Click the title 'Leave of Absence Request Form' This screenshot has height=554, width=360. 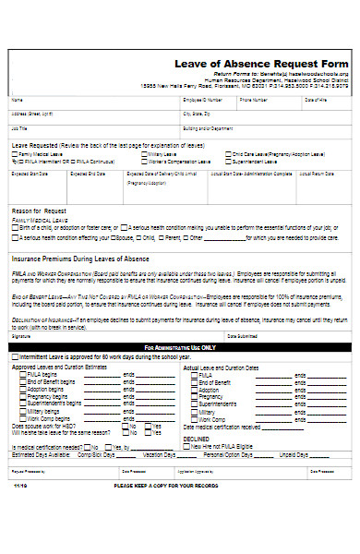[261, 63]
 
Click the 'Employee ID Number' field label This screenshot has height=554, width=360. [202, 99]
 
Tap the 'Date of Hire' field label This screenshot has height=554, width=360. [317, 99]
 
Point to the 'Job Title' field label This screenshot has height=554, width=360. [19, 128]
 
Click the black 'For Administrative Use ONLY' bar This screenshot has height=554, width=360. [180, 347]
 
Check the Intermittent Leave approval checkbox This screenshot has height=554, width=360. [15, 355]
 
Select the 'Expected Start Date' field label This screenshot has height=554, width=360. [28, 173]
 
